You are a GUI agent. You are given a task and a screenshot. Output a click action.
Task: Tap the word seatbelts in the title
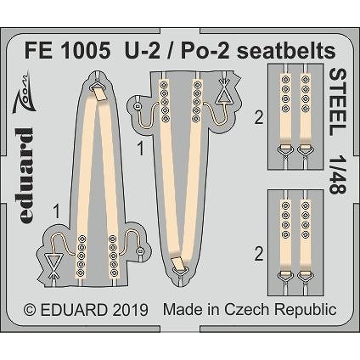[x=286, y=51]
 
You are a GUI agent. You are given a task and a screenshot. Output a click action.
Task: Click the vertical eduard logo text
[x=26, y=176]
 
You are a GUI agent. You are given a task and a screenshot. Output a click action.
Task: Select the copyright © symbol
[x=31, y=310]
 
